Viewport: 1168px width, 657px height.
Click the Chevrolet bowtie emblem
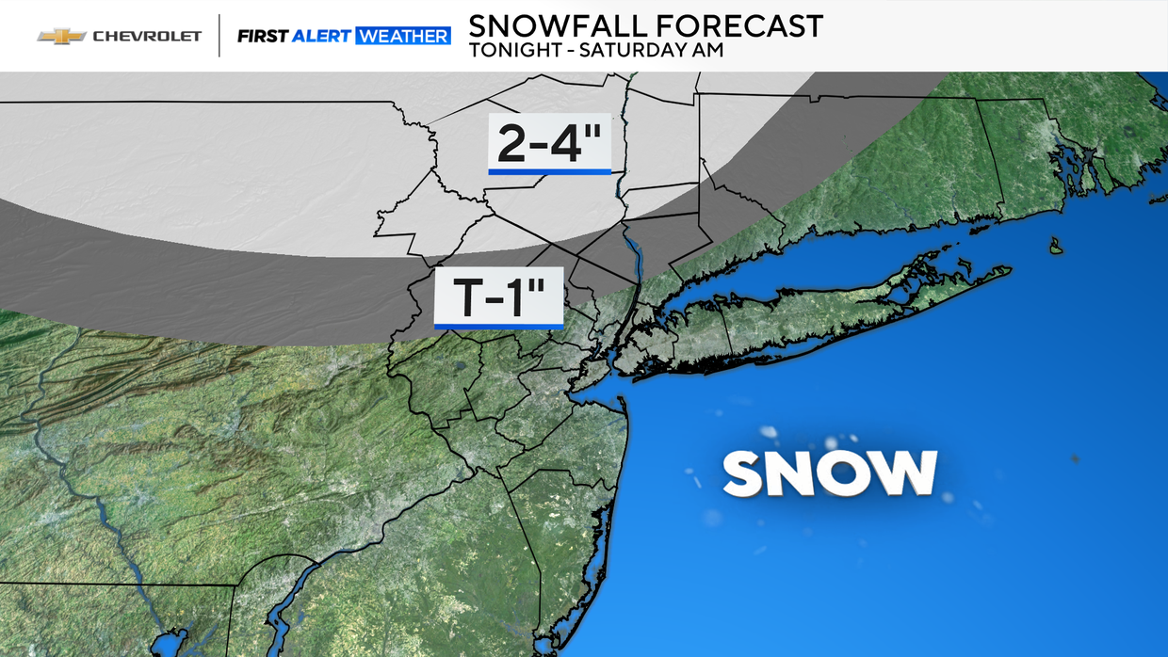(61, 36)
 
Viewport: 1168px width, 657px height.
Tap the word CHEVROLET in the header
(146, 36)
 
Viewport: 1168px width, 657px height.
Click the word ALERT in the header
(321, 36)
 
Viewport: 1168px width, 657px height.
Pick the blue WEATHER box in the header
(403, 36)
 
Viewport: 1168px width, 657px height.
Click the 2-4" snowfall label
(549, 143)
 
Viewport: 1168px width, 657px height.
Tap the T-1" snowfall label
(498, 296)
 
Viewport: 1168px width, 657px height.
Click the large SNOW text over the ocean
(830, 473)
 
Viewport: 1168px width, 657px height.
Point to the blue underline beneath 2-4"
(549, 171)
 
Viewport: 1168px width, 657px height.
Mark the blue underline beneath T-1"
(498, 326)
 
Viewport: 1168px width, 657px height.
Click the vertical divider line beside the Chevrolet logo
(219, 36)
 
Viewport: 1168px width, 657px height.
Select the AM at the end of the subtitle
(708, 51)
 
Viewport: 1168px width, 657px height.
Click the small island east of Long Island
(1056, 247)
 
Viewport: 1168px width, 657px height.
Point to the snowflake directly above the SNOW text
(833, 442)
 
